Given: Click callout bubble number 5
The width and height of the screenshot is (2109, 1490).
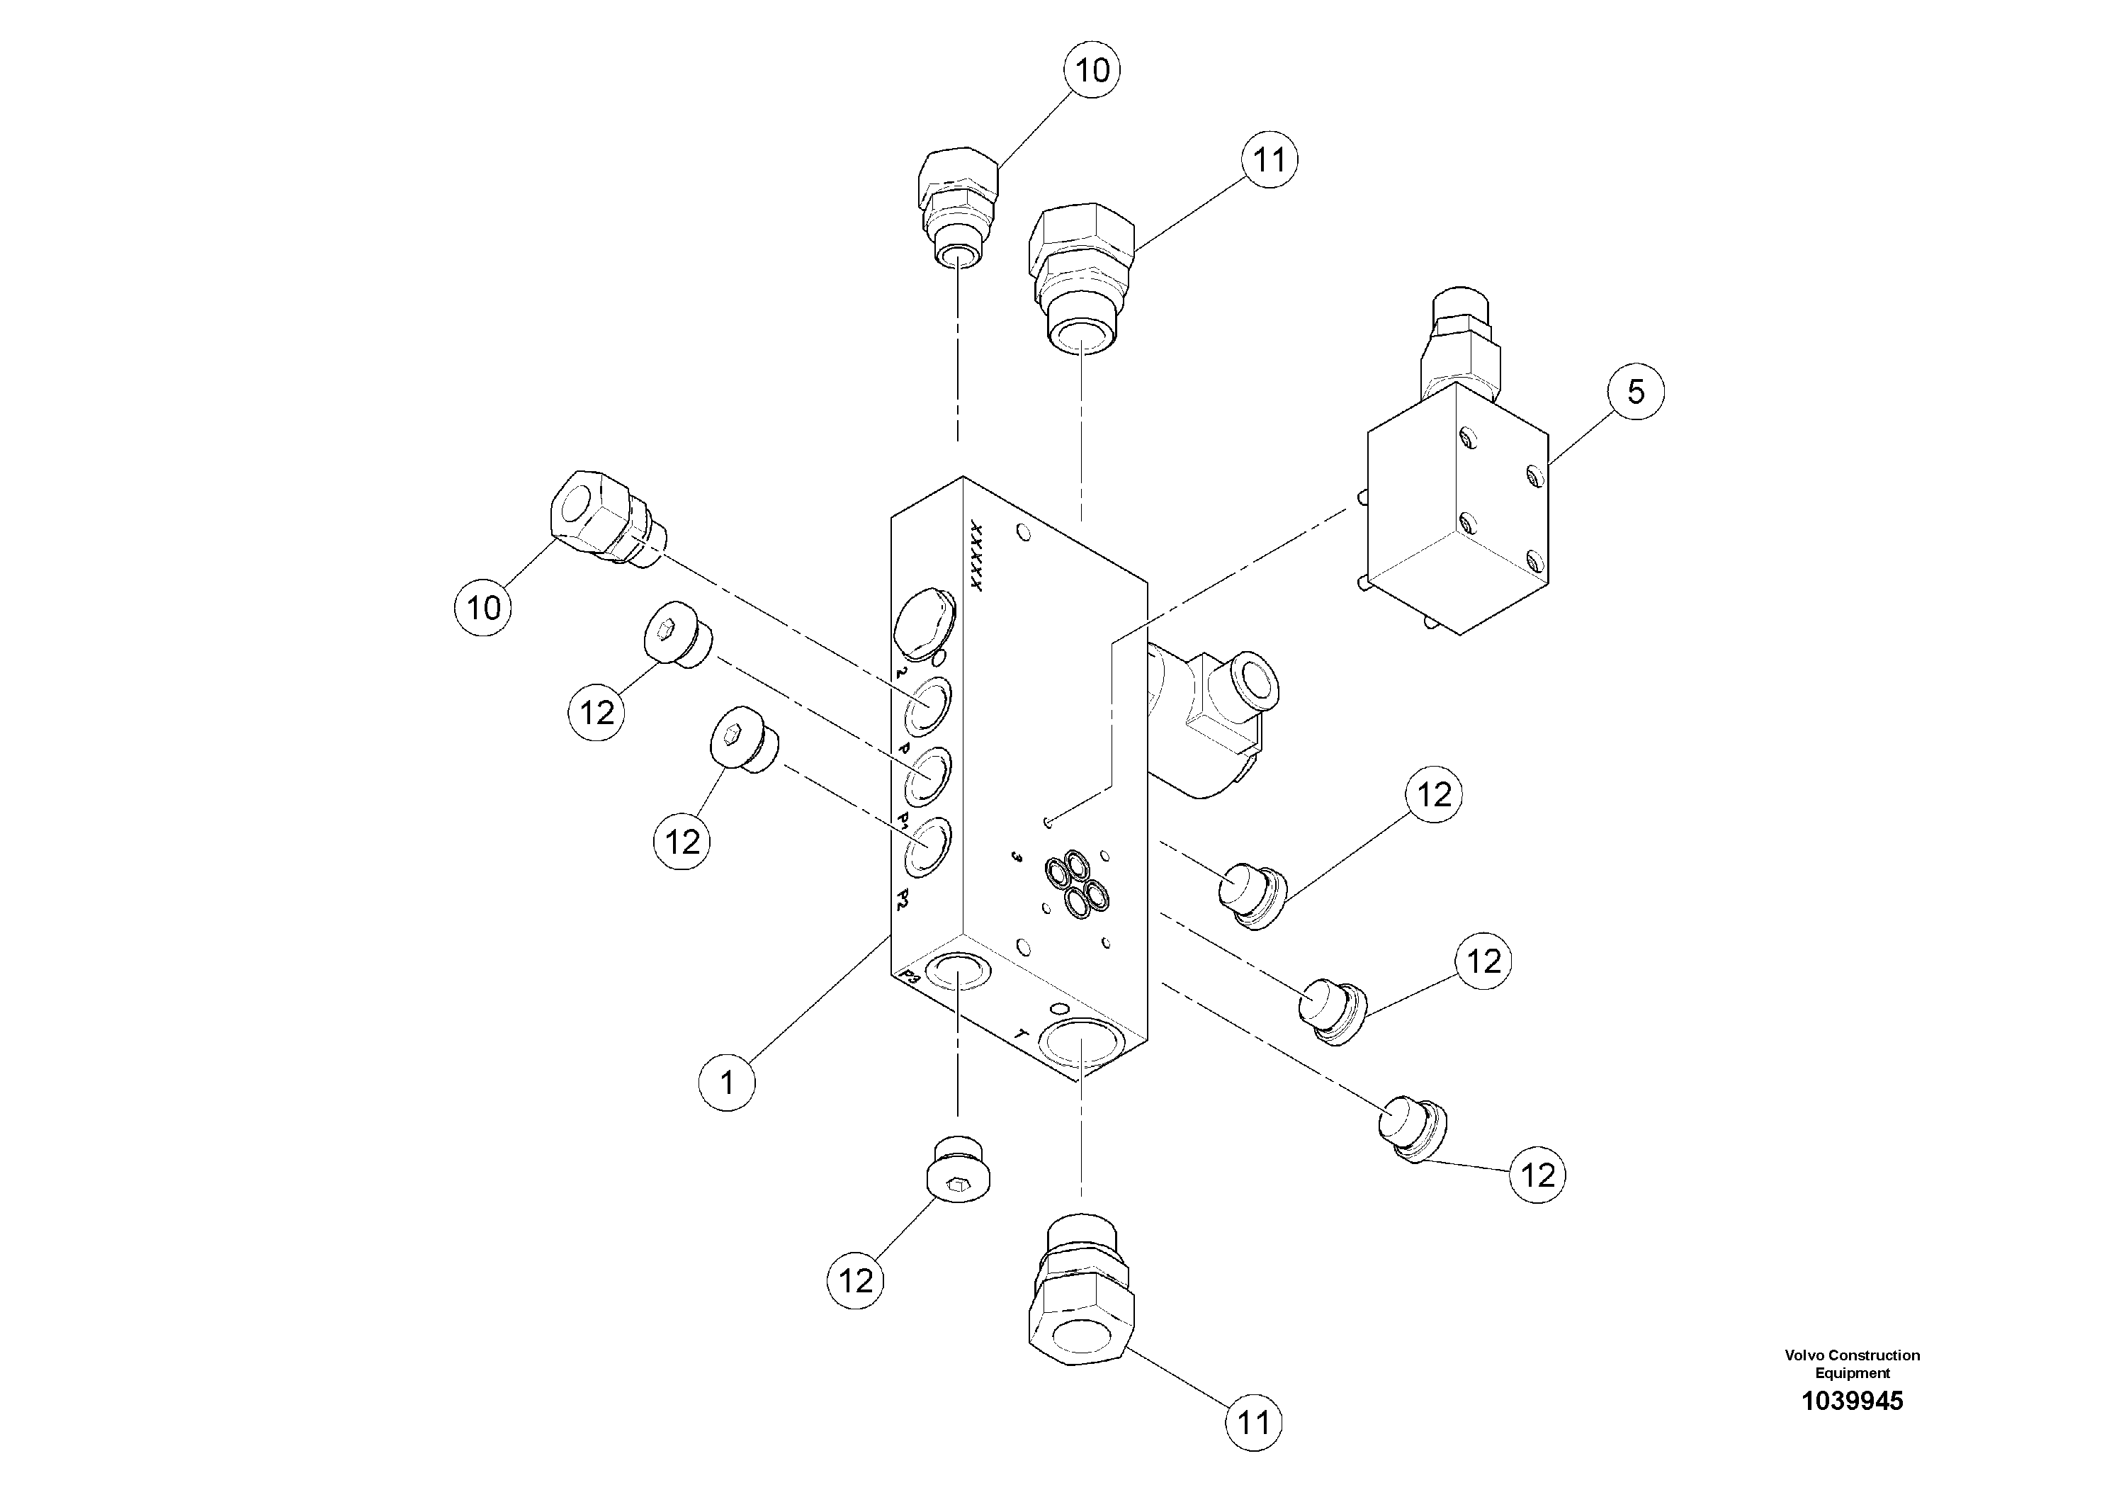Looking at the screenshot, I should point(1635,393).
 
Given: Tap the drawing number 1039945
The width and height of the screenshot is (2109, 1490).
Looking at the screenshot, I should point(1852,1427).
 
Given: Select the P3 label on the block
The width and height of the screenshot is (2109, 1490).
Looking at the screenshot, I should point(910,976).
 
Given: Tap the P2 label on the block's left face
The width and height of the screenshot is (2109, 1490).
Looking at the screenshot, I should point(904,899).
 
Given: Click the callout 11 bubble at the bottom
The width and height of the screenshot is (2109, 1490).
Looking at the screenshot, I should point(1253,1422).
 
